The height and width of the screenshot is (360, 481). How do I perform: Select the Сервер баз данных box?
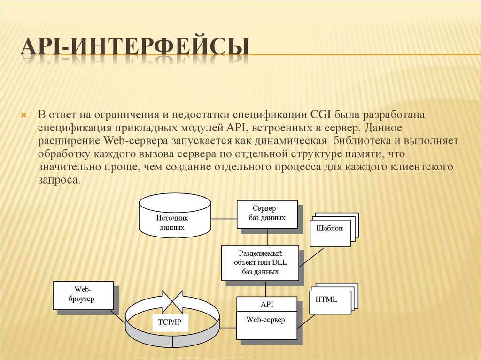click(267, 214)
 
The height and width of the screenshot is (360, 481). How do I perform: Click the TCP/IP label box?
click(167, 322)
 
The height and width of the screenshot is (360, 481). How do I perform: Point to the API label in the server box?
click(266, 304)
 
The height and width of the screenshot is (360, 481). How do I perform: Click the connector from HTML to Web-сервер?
click(306, 321)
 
